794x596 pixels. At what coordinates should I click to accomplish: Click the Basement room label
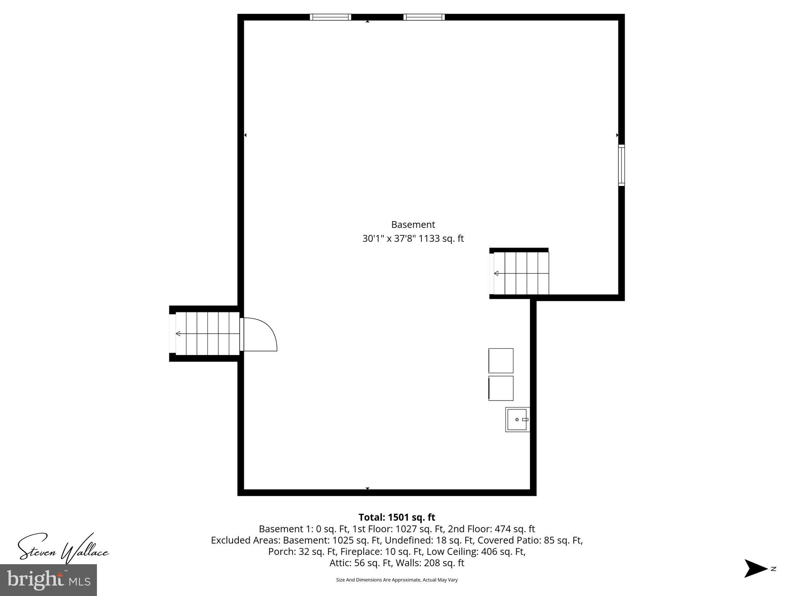pyautogui.click(x=413, y=225)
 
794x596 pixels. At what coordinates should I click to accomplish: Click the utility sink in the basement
pyautogui.click(x=518, y=419)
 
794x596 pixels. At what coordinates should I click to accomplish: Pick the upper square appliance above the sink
pyautogui.click(x=501, y=360)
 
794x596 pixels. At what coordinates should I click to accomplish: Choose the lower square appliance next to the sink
pyautogui.click(x=501, y=388)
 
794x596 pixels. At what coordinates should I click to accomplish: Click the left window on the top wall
pyautogui.click(x=330, y=17)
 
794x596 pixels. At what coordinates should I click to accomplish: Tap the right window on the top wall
pyautogui.click(x=424, y=17)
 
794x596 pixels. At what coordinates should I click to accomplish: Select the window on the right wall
pyautogui.click(x=621, y=165)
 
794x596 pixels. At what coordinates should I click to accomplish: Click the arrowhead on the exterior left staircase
pyautogui.click(x=178, y=334)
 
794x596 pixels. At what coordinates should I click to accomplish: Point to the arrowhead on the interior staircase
pyautogui.click(x=496, y=274)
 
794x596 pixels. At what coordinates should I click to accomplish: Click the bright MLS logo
pyautogui.click(x=48, y=580)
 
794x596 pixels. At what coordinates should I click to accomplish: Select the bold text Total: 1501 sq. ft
pyautogui.click(x=397, y=517)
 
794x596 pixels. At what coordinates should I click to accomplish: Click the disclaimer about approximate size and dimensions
pyautogui.click(x=397, y=580)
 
